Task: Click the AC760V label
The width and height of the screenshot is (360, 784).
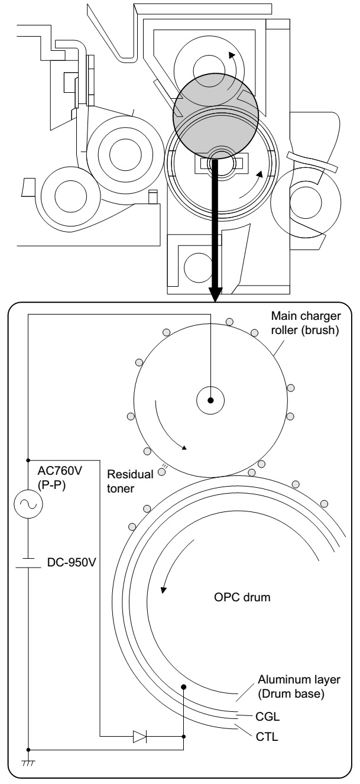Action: pyautogui.click(x=60, y=471)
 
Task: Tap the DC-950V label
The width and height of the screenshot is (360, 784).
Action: pyautogui.click(x=72, y=562)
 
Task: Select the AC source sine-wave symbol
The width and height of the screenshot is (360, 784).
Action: pyautogui.click(x=28, y=504)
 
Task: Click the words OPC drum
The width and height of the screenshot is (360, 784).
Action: pyautogui.click(x=242, y=597)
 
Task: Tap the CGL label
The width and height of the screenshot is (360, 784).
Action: pyautogui.click(x=268, y=717)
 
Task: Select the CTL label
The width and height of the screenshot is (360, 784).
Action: pyautogui.click(x=267, y=737)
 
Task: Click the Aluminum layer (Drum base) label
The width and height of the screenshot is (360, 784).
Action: pyautogui.click(x=299, y=686)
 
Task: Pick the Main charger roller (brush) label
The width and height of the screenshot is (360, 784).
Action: pyautogui.click(x=306, y=323)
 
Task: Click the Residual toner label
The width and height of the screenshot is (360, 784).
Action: pyautogui.click(x=130, y=481)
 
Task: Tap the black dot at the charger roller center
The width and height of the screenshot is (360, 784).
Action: pyautogui.click(x=210, y=400)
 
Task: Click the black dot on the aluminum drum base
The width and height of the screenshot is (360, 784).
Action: pyautogui.click(x=184, y=687)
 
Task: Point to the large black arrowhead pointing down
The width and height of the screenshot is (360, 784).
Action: pyautogui.click(x=215, y=294)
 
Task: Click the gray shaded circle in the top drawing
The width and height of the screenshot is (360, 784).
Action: pyautogui.click(x=216, y=116)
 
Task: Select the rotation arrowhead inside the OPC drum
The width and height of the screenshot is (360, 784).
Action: pyautogui.click(x=163, y=589)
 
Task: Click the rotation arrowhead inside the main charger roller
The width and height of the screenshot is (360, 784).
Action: pyautogui.click(x=184, y=448)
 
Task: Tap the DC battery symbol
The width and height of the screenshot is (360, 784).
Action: pyautogui.click(x=28, y=562)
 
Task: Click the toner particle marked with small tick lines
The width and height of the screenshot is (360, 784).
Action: pyautogui.click(x=161, y=472)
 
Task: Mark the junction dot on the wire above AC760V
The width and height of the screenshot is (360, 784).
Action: pyautogui.click(x=28, y=460)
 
